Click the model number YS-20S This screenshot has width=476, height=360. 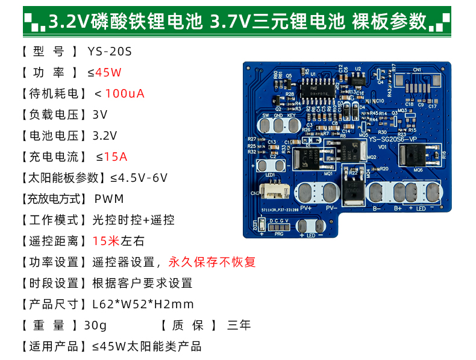[110, 52]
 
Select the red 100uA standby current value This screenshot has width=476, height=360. [125, 94]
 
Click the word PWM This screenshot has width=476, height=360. [109, 199]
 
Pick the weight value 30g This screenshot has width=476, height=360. [95, 326]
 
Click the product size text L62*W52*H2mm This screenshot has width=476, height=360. [143, 305]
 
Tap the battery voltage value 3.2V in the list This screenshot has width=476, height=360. [105, 136]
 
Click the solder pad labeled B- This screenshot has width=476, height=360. [377, 193]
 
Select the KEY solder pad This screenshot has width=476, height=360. [292, 125]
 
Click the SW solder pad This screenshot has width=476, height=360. [265, 125]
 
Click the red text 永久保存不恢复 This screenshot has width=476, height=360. [212, 262]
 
